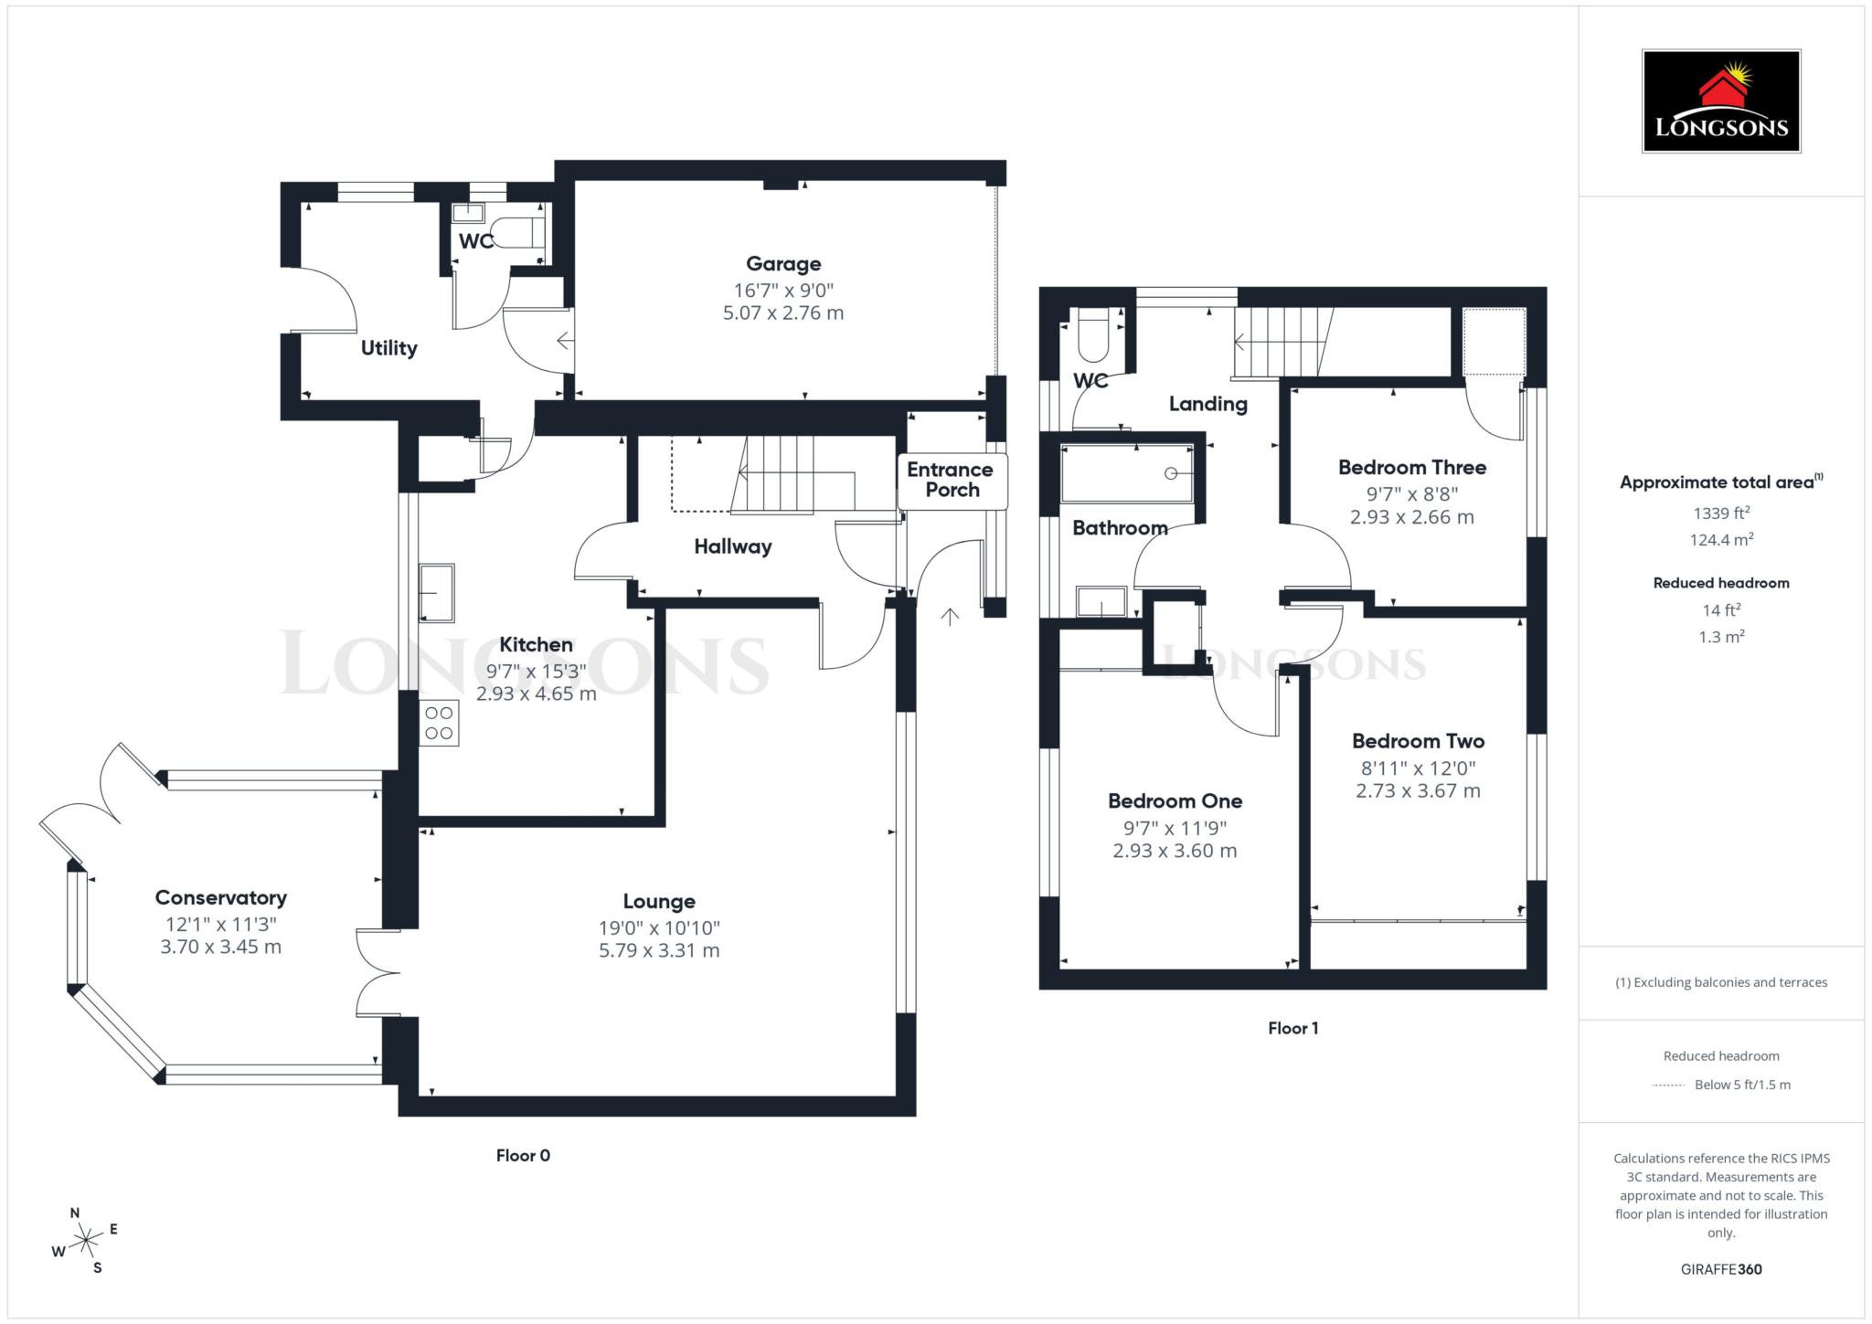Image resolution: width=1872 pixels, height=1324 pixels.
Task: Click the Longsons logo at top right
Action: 1720,101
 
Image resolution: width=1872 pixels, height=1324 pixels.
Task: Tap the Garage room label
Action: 783,264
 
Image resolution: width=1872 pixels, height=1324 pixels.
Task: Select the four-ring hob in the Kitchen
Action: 439,723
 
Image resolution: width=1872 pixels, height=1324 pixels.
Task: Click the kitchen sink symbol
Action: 437,593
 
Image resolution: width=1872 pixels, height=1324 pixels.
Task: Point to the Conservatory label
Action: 220,897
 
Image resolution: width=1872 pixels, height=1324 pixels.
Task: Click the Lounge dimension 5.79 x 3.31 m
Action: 659,950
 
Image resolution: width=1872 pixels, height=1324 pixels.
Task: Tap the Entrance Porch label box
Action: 952,480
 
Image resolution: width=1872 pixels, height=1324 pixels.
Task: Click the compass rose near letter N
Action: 86,1240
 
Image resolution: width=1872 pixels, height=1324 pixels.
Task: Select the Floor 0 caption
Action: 523,1155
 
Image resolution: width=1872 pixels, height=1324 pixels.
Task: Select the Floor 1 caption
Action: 1292,1028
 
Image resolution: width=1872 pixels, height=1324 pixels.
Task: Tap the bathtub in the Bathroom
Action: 1127,473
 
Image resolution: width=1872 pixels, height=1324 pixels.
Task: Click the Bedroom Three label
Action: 1411,468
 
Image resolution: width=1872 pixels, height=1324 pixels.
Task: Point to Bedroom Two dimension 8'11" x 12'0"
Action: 1417,768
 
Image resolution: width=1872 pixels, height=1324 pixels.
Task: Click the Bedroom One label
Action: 1175,801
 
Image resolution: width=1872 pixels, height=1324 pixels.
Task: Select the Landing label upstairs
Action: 1207,404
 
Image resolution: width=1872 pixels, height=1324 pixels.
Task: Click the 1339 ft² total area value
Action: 1720,514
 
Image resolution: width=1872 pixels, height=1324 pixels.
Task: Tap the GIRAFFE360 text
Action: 1720,1269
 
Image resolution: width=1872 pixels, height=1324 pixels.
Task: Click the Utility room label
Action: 388,348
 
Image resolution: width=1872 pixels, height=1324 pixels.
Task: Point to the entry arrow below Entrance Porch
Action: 950,617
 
